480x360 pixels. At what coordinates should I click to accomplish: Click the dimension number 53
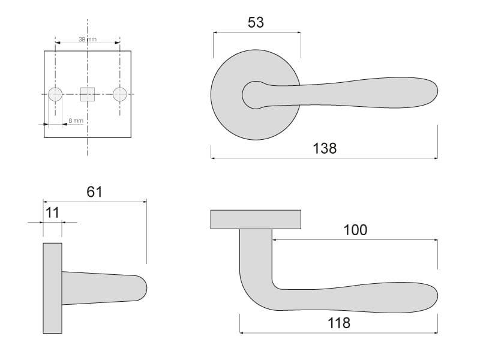click(256, 22)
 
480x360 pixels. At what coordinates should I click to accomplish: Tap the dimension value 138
click(325, 148)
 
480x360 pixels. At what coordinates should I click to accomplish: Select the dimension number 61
click(94, 192)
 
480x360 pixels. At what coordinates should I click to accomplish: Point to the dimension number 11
click(52, 212)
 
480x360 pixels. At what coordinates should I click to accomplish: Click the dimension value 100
click(355, 230)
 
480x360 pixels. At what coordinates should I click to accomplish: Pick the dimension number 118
click(339, 323)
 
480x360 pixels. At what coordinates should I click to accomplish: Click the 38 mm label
click(87, 40)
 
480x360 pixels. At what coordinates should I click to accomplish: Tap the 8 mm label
click(76, 121)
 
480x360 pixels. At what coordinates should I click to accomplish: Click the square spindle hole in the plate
click(88, 94)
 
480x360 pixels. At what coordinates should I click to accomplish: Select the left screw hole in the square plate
click(55, 94)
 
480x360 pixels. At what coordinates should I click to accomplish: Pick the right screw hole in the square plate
click(119, 94)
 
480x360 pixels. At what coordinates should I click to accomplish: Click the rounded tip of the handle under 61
click(142, 288)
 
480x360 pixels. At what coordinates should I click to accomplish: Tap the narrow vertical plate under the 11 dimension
click(52, 288)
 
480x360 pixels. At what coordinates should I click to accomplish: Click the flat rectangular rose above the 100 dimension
click(256, 220)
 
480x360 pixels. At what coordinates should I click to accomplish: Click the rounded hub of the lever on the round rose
click(253, 95)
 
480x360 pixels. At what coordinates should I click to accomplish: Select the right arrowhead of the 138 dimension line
click(436, 158)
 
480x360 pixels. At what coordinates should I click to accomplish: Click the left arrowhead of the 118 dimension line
click(242, 332)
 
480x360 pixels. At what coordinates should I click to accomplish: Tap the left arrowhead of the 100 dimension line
click(274, 239)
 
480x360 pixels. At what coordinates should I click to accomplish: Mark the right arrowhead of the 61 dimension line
click(145, 202)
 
